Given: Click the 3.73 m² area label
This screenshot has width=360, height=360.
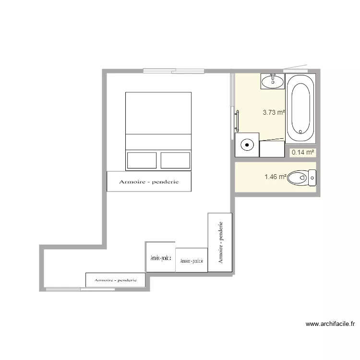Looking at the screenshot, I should (274, 113).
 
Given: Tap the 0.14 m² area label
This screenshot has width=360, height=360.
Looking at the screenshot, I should (303, 153).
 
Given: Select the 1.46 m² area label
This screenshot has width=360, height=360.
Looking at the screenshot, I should (275, 177).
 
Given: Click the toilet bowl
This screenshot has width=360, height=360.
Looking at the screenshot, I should (300, 178).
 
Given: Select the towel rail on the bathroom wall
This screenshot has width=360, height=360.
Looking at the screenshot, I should (237, 120).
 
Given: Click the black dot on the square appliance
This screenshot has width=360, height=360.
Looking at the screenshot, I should (247, 144).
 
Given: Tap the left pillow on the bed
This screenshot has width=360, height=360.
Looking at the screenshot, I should (142, 160).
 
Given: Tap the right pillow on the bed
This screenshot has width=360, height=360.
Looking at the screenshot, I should (175, 160).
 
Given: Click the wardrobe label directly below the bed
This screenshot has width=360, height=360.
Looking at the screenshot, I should (149, 182).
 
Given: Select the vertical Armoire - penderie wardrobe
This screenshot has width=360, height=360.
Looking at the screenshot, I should (220, 242).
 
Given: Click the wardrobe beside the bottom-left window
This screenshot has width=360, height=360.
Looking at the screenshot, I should (115, 280).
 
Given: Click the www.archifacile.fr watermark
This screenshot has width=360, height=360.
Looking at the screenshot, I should (330, 324).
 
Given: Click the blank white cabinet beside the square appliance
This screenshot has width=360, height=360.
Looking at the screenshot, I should (272, 148).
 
